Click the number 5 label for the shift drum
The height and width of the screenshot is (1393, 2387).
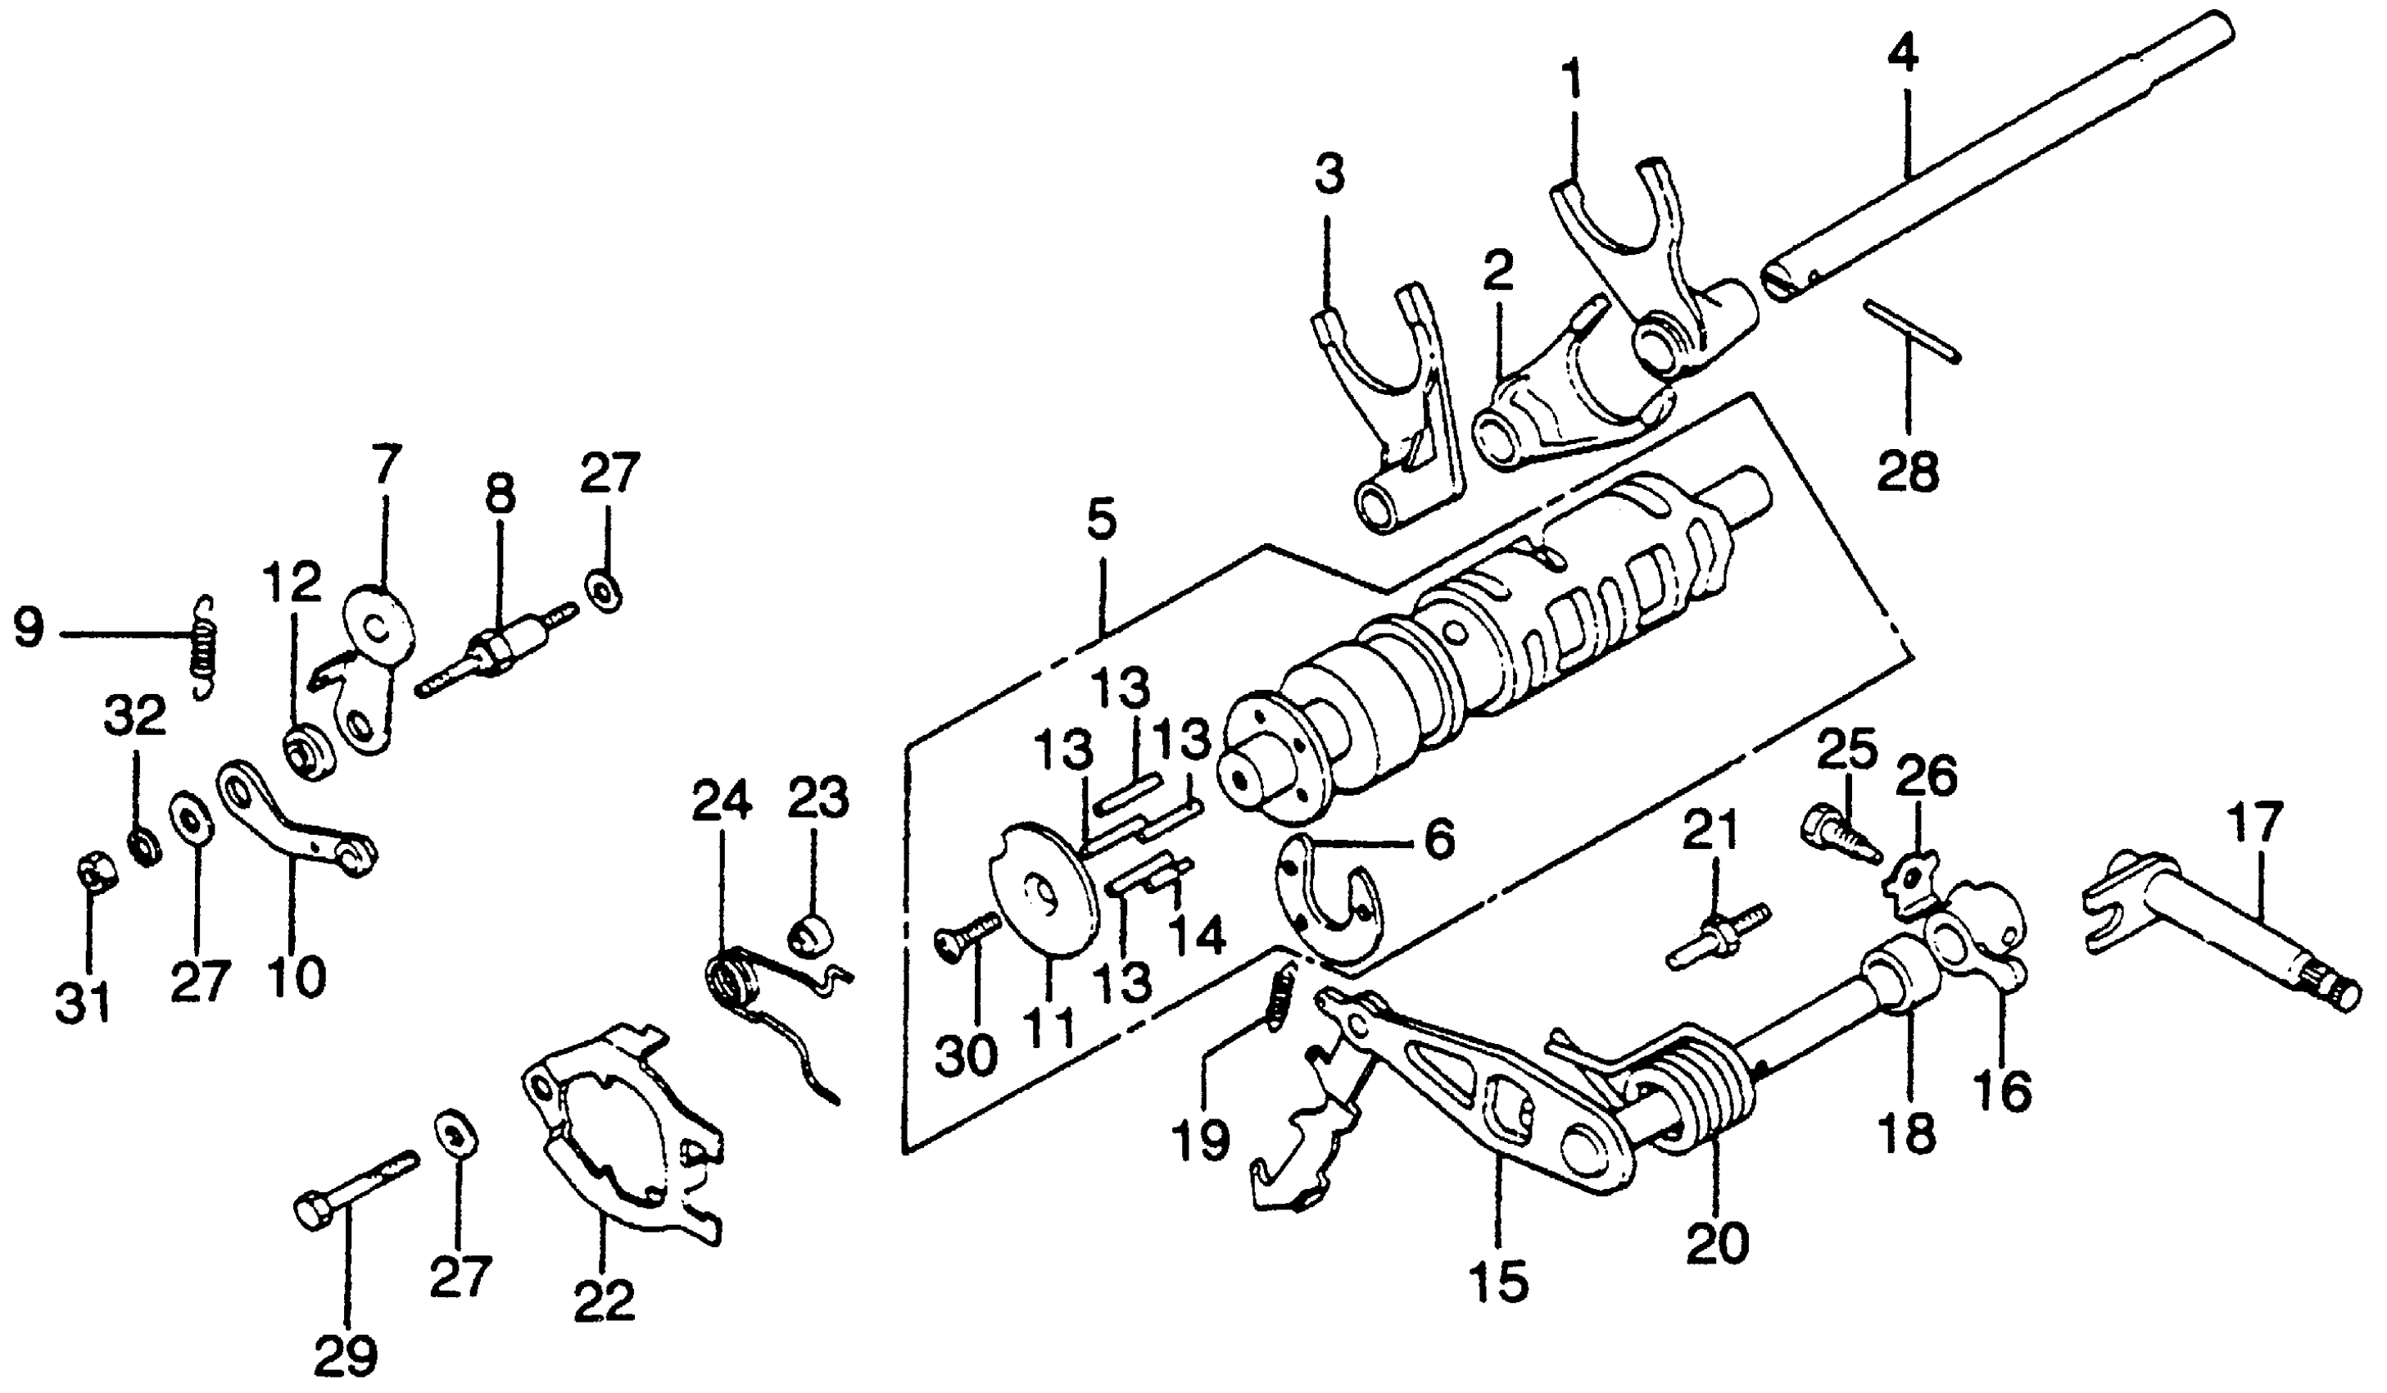pyautogui.click(x=1102, y=520)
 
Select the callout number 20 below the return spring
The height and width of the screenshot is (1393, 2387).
pyautogui.click(x=1716, y=1243)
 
